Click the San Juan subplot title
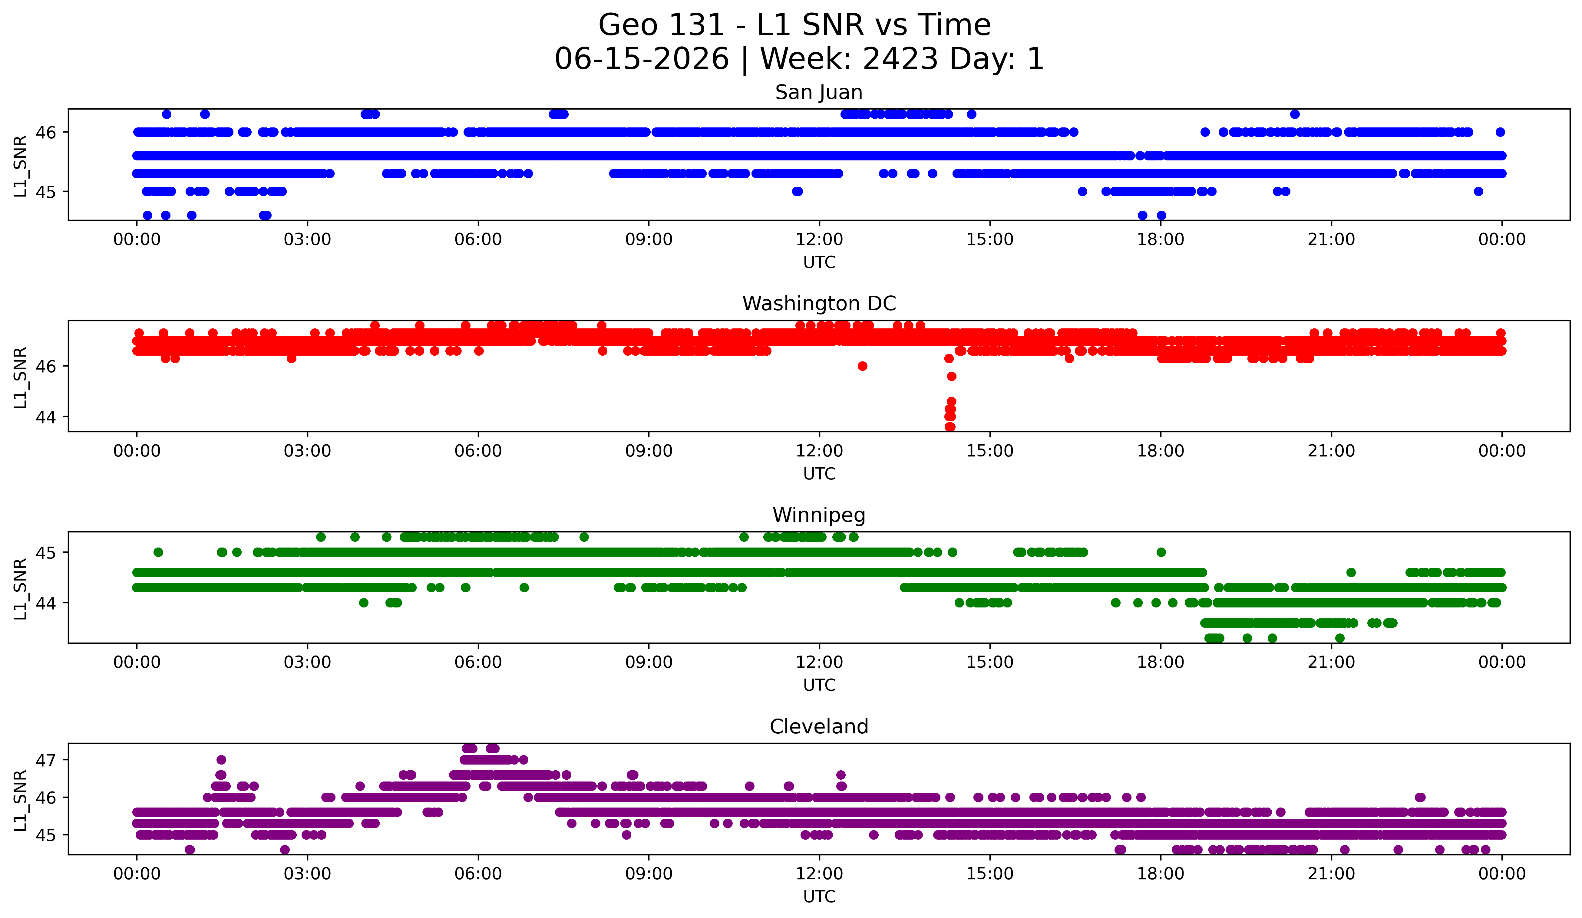coord(819,92)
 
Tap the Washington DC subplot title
coord(819,304)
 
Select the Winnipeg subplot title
coord(819,515)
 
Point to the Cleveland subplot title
coord(819,727)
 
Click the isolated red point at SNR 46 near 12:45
coord(863,366)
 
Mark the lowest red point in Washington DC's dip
coord(950,427)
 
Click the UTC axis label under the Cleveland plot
coord(819,897)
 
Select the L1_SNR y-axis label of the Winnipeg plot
coord(20,589)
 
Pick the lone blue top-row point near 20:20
coord(1294,114)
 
